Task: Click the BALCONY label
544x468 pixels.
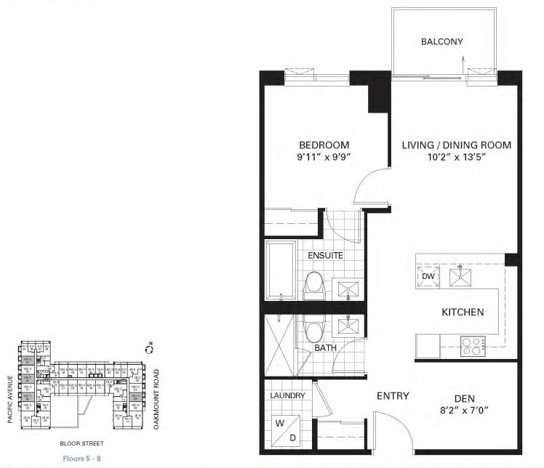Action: coord(441,41)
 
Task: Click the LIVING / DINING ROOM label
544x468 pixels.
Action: coord(457,145)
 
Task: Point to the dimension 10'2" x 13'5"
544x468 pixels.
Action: coord(457,158)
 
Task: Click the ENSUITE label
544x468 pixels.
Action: coord(324,256)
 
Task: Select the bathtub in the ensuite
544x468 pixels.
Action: coord(281,273)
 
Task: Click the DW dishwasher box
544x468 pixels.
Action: coord(426,275)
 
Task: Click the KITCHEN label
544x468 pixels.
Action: coord(463,312)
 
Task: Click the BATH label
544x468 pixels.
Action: coord(325,348)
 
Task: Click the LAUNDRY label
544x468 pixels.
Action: coord(287,396)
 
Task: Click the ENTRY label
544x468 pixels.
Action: coord(392,396)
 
